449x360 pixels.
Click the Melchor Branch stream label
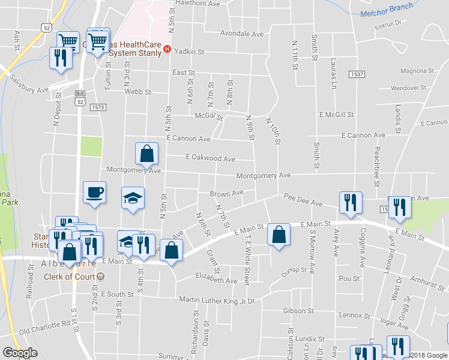point(387,10)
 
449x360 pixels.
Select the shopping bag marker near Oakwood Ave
point(146,155)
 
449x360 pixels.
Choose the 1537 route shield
point(357,73)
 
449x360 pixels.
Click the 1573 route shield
point(98,107)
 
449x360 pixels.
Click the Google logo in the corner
point(20,352)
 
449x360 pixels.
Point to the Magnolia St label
point(417,71)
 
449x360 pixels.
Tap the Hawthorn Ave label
point(197,4)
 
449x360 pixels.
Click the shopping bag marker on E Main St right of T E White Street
point(279,235)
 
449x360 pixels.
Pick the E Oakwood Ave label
point(210,158)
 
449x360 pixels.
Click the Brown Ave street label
point(226,193)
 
